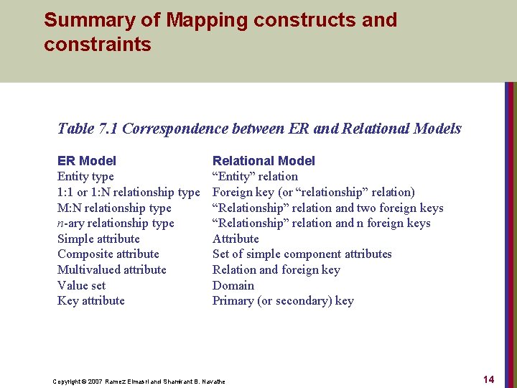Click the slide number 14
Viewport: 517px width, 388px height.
click(489, 379)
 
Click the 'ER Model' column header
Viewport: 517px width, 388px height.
click(86, 161)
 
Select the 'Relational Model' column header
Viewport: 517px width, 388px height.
click(264, 161)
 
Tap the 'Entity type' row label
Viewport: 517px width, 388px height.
click(85, 177)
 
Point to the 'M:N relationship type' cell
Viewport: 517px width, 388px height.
click(114, 208)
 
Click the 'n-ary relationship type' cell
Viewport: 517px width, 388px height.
click(116, 223)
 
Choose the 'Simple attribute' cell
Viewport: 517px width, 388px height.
click(98, 239)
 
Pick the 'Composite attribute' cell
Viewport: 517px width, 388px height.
click(108, 254)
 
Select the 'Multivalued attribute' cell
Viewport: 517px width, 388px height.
click(112, 270)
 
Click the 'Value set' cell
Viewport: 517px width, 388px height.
click(81, 285)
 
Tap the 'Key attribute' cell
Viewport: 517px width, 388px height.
click(91, 301)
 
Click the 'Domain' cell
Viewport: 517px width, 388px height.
click(233, 285)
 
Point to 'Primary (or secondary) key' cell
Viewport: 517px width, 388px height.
click(283, 301)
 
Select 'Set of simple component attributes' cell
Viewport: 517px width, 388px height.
click(302, 254)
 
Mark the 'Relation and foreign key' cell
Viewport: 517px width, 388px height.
click(276, 270)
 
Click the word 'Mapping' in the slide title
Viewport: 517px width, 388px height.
click(208, 19)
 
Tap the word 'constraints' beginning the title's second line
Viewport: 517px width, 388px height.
click(98, 45)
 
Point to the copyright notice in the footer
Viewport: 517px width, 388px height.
click(139, 381)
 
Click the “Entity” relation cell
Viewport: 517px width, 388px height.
click(255, 177)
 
